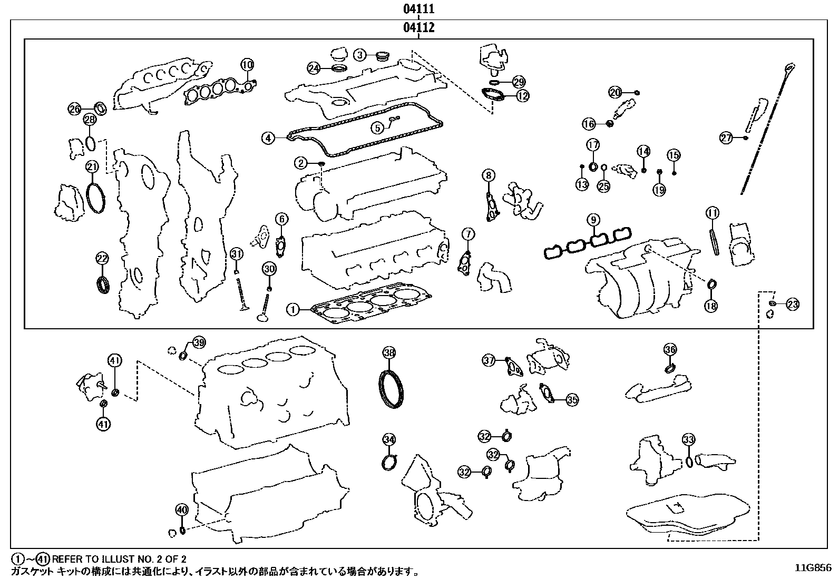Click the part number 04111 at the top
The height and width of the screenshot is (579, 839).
pyautogui.click(x=419, y=9)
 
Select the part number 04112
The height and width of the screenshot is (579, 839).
pyautogui.click(x=419, y=27)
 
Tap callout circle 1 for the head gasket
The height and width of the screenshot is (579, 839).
pyautogui.click(x=293, y=310)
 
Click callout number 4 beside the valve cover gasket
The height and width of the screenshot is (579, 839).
pyautogui.click(x=268, y=139)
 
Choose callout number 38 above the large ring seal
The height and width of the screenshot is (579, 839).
pyautogui.click(x=389, y=353)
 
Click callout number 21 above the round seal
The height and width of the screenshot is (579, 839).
pyautogui.click(x=93, y=168)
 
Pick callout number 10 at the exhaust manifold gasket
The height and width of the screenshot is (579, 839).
pyautogui.click(x=247, y=65)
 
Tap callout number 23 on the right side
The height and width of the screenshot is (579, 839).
pyautogui.click(x=792, y=304)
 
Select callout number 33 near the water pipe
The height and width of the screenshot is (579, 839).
pyautogui.click(x=688, y=439)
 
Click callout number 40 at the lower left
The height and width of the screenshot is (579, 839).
pyautogui.click(x=182, y=510)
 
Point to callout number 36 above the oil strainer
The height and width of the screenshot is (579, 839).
pyautogui.click(x=670, y=349)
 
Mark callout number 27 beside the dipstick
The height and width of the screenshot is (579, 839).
pyautogui.click(x=727, y=138)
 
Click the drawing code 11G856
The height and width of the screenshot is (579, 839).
pyautogui.click(x=813, y=568)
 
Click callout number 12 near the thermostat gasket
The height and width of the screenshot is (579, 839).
pyautogui.click(x=522, y=96)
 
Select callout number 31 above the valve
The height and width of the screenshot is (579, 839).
pyautogui.click(x=237, y=254)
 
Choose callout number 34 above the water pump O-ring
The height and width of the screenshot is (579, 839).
pyautogui.click(x=389, y=439)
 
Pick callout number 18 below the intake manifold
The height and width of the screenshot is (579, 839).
pyautogui.click(x=711, y=306)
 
